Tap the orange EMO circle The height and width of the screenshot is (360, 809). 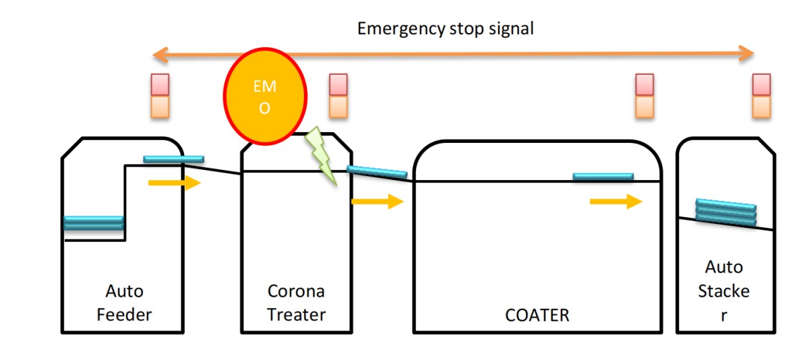tap(265, 96)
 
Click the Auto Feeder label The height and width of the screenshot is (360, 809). tap(125, 303)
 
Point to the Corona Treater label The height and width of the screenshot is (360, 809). tap(296, 303)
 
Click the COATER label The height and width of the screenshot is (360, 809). tap(537, 315)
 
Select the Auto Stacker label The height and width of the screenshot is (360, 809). tap(724, 291)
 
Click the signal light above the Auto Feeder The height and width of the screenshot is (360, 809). tap(160, 96)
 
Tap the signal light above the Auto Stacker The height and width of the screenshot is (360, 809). tap(761, 96)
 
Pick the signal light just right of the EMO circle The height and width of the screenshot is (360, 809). tap(338, 96)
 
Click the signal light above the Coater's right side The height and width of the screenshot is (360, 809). tap(645, 96)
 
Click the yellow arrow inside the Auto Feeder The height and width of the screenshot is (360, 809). tap(175, 183)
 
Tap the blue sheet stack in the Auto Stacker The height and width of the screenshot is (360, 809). tap(725, 212)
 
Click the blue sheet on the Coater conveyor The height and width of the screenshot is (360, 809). tap(603, 177)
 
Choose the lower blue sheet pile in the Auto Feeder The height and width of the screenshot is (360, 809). tap(94, 222)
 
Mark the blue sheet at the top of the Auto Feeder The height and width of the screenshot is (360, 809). tap(173, 159)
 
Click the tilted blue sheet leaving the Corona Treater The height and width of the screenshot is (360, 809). tap(377, 173)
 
